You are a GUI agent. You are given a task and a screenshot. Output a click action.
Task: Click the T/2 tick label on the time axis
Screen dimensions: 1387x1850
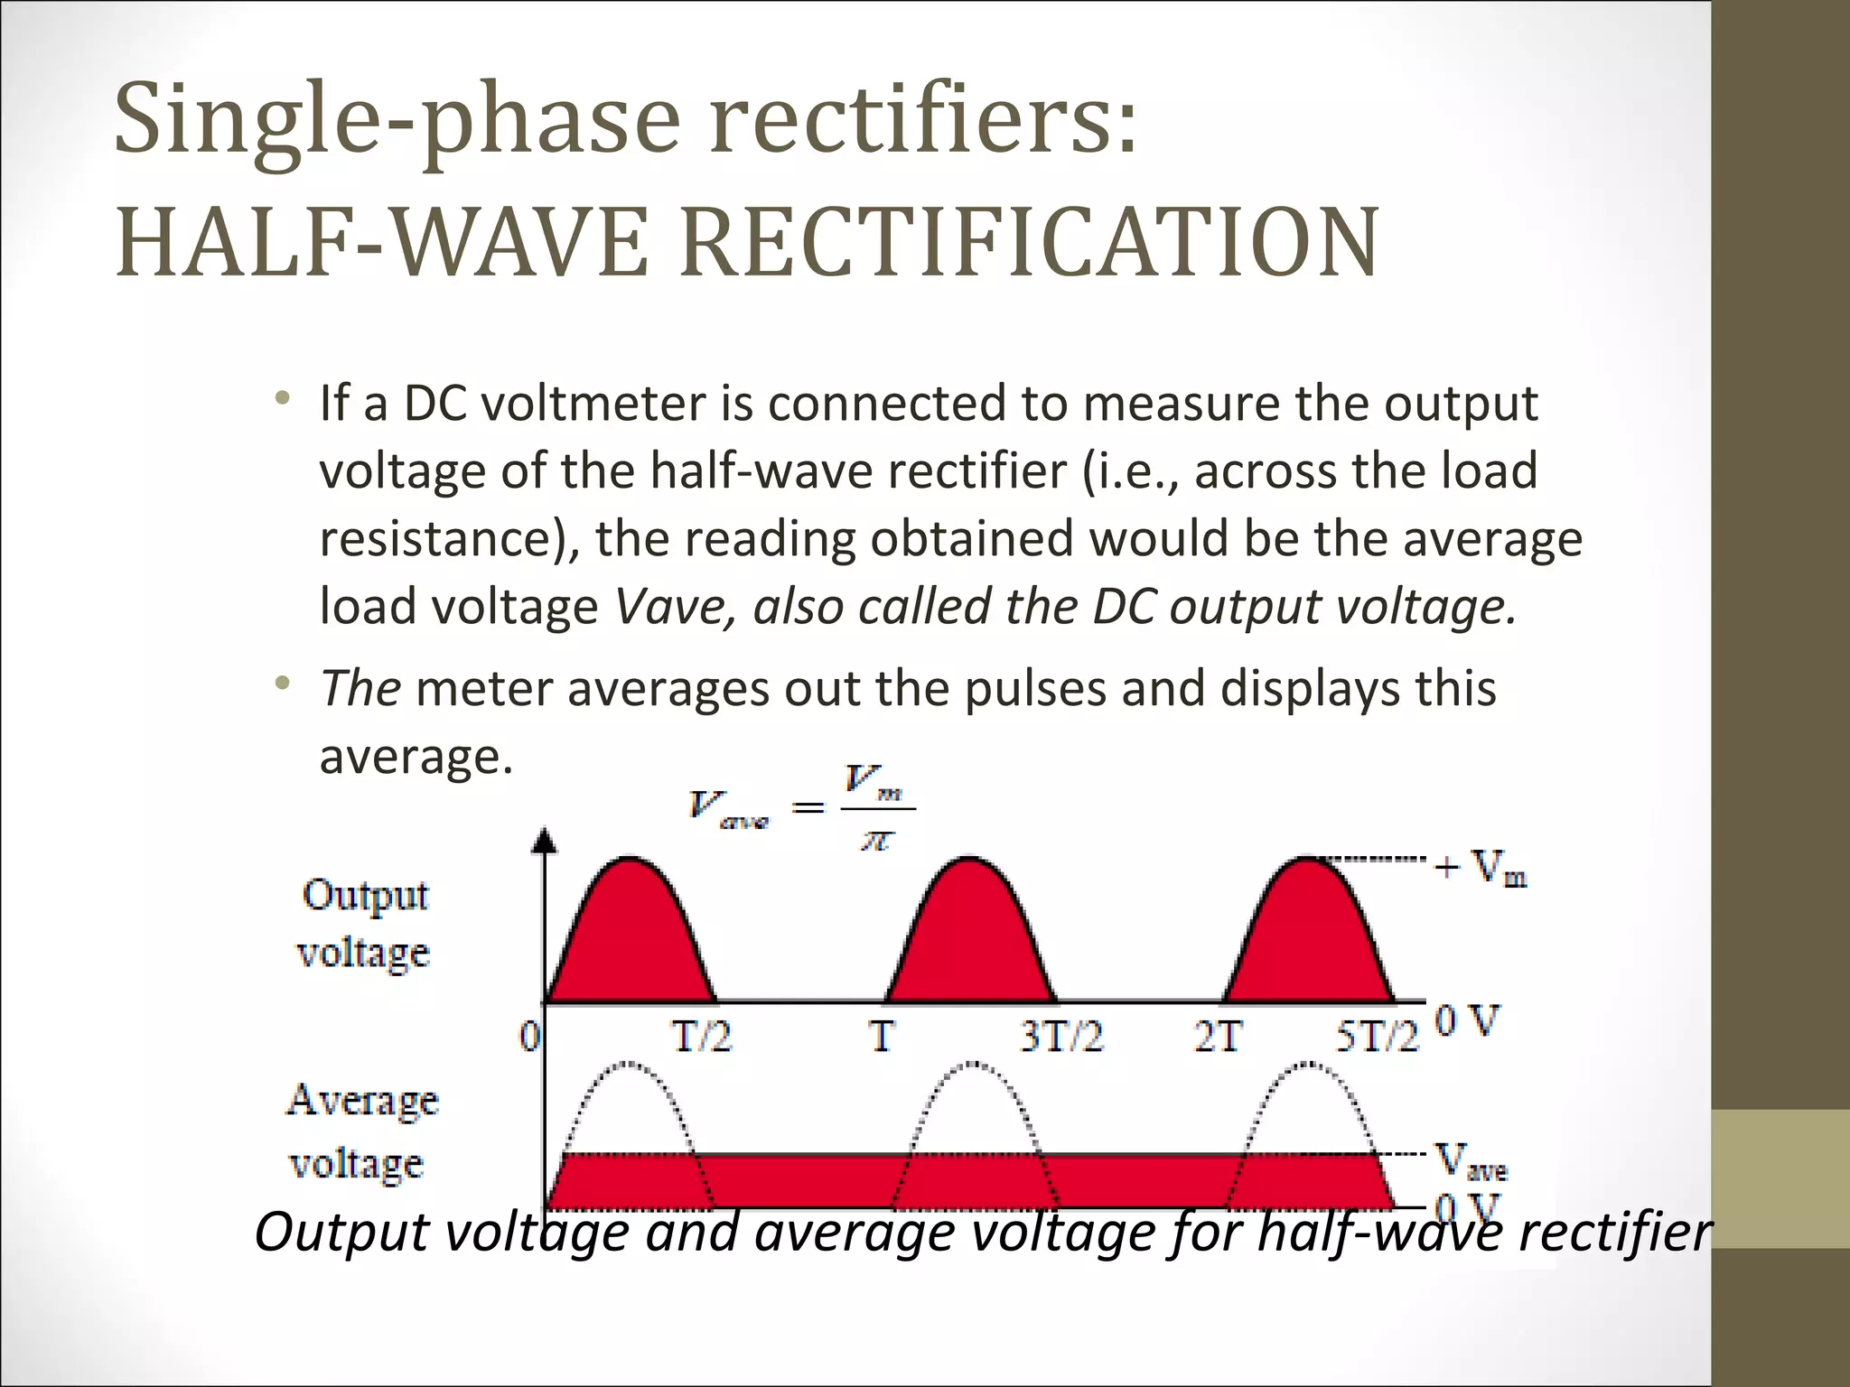coord(701,1038)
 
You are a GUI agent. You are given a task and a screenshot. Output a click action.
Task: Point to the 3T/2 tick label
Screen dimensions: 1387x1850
coord(1061,1038)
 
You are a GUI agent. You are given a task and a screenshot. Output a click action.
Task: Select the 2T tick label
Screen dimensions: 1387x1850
coord(1218,1038)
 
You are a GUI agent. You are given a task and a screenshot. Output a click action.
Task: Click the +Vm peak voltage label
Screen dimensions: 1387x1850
coord(1481,869)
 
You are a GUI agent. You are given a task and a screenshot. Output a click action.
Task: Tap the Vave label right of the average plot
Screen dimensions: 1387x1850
coord(1472,1161)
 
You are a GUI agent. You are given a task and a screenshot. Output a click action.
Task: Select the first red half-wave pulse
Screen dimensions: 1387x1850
coord(631,939)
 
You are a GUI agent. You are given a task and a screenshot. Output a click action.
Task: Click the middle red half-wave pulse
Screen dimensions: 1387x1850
coord(969,939)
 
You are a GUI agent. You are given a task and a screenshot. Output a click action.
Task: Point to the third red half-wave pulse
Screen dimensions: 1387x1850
coord(1307,939)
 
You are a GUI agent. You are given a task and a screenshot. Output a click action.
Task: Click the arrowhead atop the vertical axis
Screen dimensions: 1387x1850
coord(544,842)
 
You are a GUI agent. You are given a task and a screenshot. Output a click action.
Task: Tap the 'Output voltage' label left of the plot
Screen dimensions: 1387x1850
coord(364,924)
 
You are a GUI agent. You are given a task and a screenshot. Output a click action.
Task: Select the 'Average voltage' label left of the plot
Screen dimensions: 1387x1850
coord(361,1131)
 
